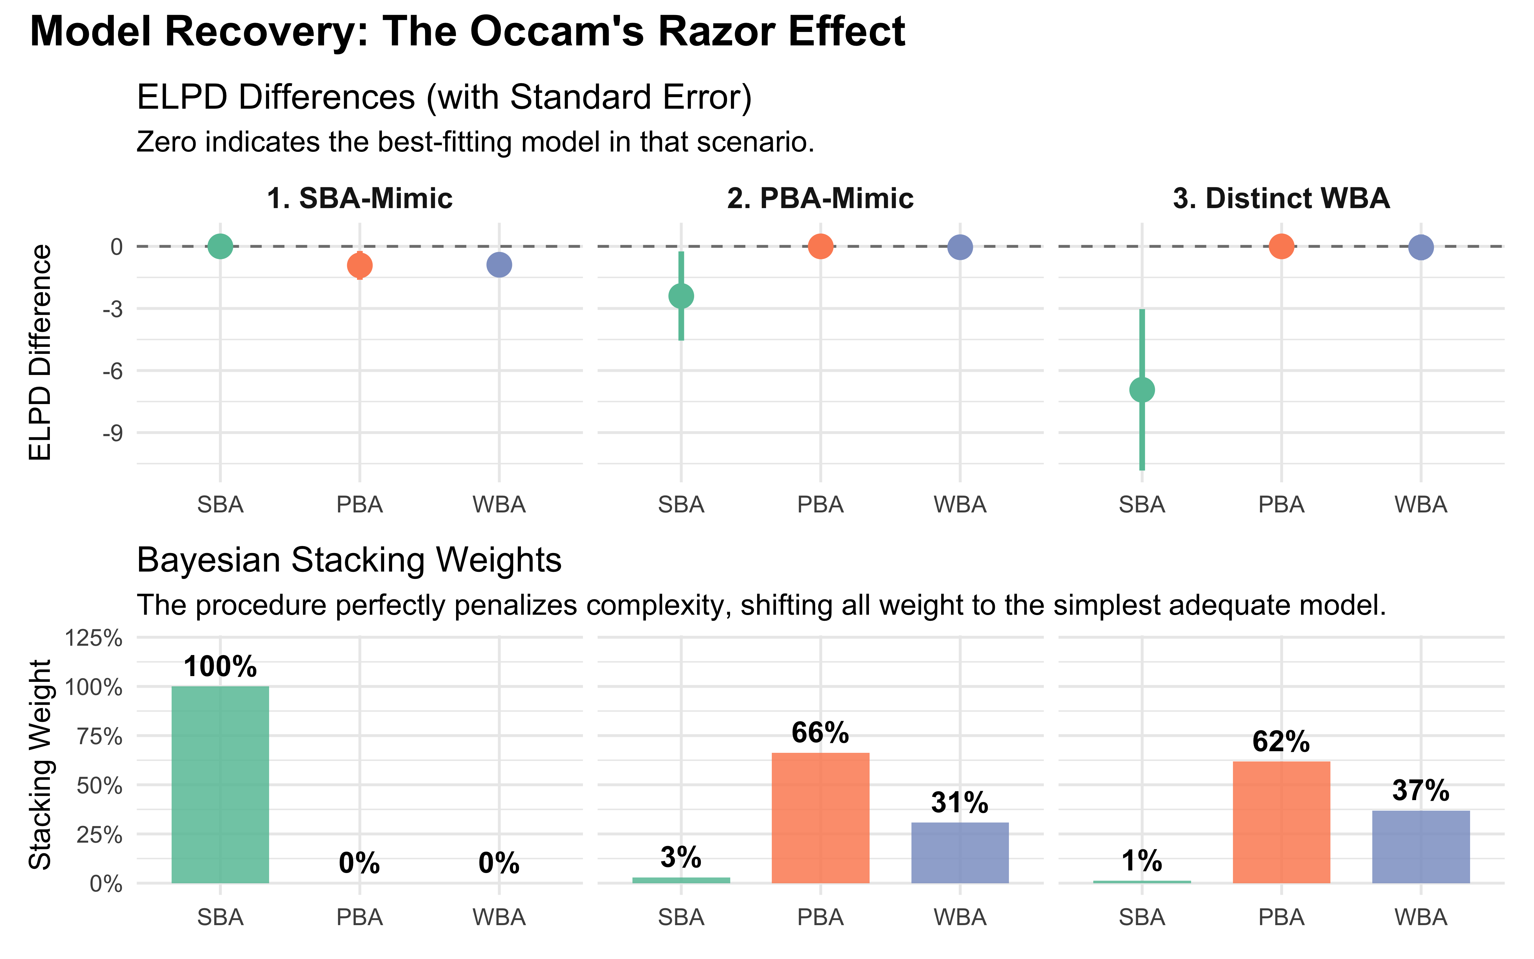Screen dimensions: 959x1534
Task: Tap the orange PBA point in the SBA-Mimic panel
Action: click(x=360, y=265)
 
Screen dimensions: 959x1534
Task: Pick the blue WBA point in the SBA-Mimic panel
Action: click(x=499, y=264)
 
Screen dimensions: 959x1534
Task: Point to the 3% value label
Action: click(x=681, y=858)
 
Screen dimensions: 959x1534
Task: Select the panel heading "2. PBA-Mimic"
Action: click(x=820, y=199)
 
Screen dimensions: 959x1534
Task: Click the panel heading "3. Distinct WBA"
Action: click(x=1281, y=199)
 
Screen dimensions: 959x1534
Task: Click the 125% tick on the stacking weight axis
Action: click(x=94, y=638)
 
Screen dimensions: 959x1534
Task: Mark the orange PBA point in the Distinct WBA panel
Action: click(x=1281, y=246)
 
